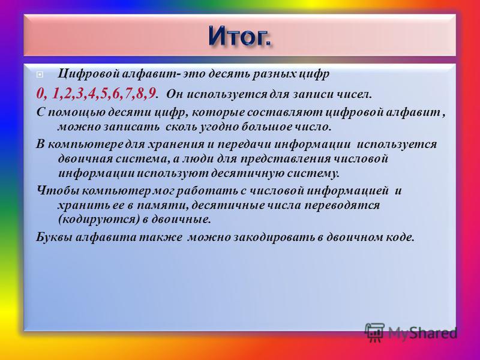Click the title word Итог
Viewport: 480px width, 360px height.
pyautogui.click(x=240, y=36)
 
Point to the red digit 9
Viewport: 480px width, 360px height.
pyautogui.click(x=151, y=94)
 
